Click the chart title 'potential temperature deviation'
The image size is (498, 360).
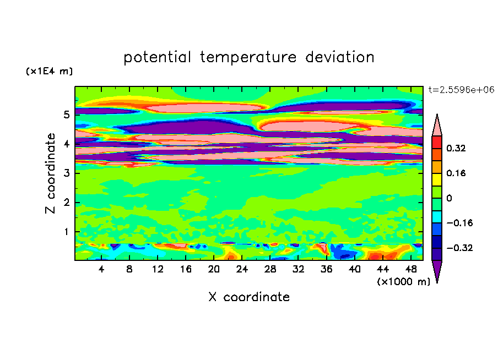249,57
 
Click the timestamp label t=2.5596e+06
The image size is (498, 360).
461,90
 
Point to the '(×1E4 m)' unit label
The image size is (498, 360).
49,71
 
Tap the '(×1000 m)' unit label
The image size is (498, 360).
403,281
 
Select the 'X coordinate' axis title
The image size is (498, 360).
249,297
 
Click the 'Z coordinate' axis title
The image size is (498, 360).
50,173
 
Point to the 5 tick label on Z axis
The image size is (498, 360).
66,114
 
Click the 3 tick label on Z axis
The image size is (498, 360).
66,173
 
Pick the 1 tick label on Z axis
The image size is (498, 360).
66,232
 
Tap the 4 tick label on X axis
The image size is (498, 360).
101,269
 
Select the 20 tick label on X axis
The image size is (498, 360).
214,269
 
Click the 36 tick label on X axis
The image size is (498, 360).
326,269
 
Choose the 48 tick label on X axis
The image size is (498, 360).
411,269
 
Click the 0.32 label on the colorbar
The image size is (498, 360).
456,148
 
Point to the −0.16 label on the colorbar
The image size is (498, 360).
459,223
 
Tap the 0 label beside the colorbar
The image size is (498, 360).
449,198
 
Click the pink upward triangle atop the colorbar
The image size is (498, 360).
437,127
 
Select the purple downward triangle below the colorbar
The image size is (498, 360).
437,269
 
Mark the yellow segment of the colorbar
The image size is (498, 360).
437,179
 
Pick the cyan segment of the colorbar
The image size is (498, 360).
437,217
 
